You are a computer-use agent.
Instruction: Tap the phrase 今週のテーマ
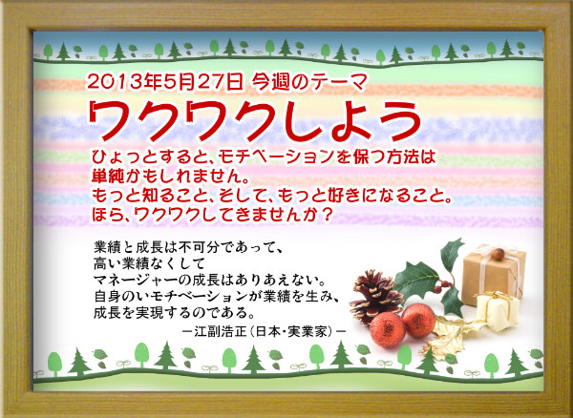pyautogui.click(x=308, y=82)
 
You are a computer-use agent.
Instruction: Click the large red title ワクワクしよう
pyautogui.click(x=256, y=119)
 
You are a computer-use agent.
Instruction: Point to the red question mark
pyautogui.click(x=328, y=215)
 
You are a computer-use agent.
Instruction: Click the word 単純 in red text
pyautogui.click(x=106, y=177)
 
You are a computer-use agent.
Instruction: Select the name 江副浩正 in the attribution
pyautogui.click(x=213, y=331)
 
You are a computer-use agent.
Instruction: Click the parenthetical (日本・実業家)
pyautogui.click(x=286, y=331)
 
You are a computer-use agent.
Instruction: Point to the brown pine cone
pyautogui.click(x=375, y=297)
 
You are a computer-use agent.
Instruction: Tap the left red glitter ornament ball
pyautogui.click(x=388, y=329)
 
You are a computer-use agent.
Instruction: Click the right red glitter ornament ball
pyautogui.click(x=418, y=320)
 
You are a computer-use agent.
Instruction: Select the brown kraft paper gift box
pyautogui.click(x=494, y=274)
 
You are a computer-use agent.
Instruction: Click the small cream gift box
pyautogui.click(x=498, y=311)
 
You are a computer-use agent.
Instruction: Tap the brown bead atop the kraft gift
pyautogui.click(x=499, y=254)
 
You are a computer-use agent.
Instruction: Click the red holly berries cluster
pyautogui.click(x=442, y=286)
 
